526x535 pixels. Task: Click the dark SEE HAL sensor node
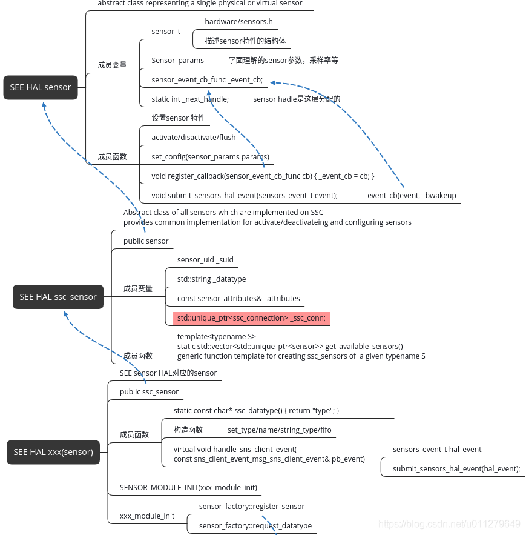[41, 87]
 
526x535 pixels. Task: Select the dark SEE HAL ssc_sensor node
[58, 297]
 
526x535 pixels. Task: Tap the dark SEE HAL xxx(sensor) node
[53, 452]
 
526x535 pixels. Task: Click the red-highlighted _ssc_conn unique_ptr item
[251, 317]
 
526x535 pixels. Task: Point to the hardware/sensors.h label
[238, 22]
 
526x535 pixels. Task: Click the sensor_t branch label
[166, 31]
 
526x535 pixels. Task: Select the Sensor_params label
[177, 60]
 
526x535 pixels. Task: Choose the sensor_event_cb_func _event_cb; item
[207, 79]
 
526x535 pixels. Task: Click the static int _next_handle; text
[190, 99]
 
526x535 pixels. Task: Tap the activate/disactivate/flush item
[194, 137]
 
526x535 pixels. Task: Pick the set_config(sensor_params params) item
[210, 156]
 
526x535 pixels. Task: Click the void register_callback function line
[263, 176]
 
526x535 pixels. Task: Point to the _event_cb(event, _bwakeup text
[410, 195]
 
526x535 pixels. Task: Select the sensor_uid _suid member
[205, 259]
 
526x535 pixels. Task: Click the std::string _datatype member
[211, 279]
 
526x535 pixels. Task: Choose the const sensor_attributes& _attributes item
[238, 298]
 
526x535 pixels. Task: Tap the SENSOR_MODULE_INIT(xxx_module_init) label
[188, 487]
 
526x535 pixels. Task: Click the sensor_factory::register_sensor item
[252, 506]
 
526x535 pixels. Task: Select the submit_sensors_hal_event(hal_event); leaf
[456, 468]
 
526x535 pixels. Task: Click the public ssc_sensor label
[149, 391]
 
